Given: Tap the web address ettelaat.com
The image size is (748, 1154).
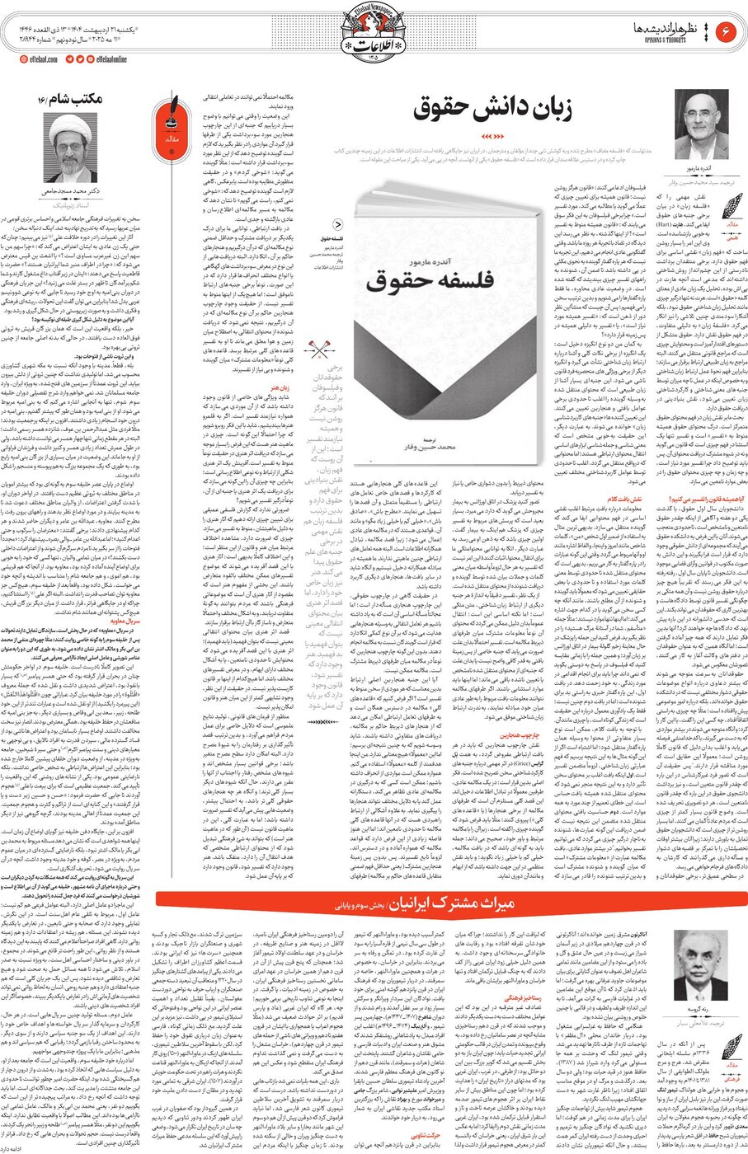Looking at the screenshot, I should pyautogui.click(x=38, y=59).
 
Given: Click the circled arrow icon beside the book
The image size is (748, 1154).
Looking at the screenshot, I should pyautogui.click(x=336, y=223).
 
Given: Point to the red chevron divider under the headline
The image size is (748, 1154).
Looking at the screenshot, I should pyautogui.click(x=492, y=135).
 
